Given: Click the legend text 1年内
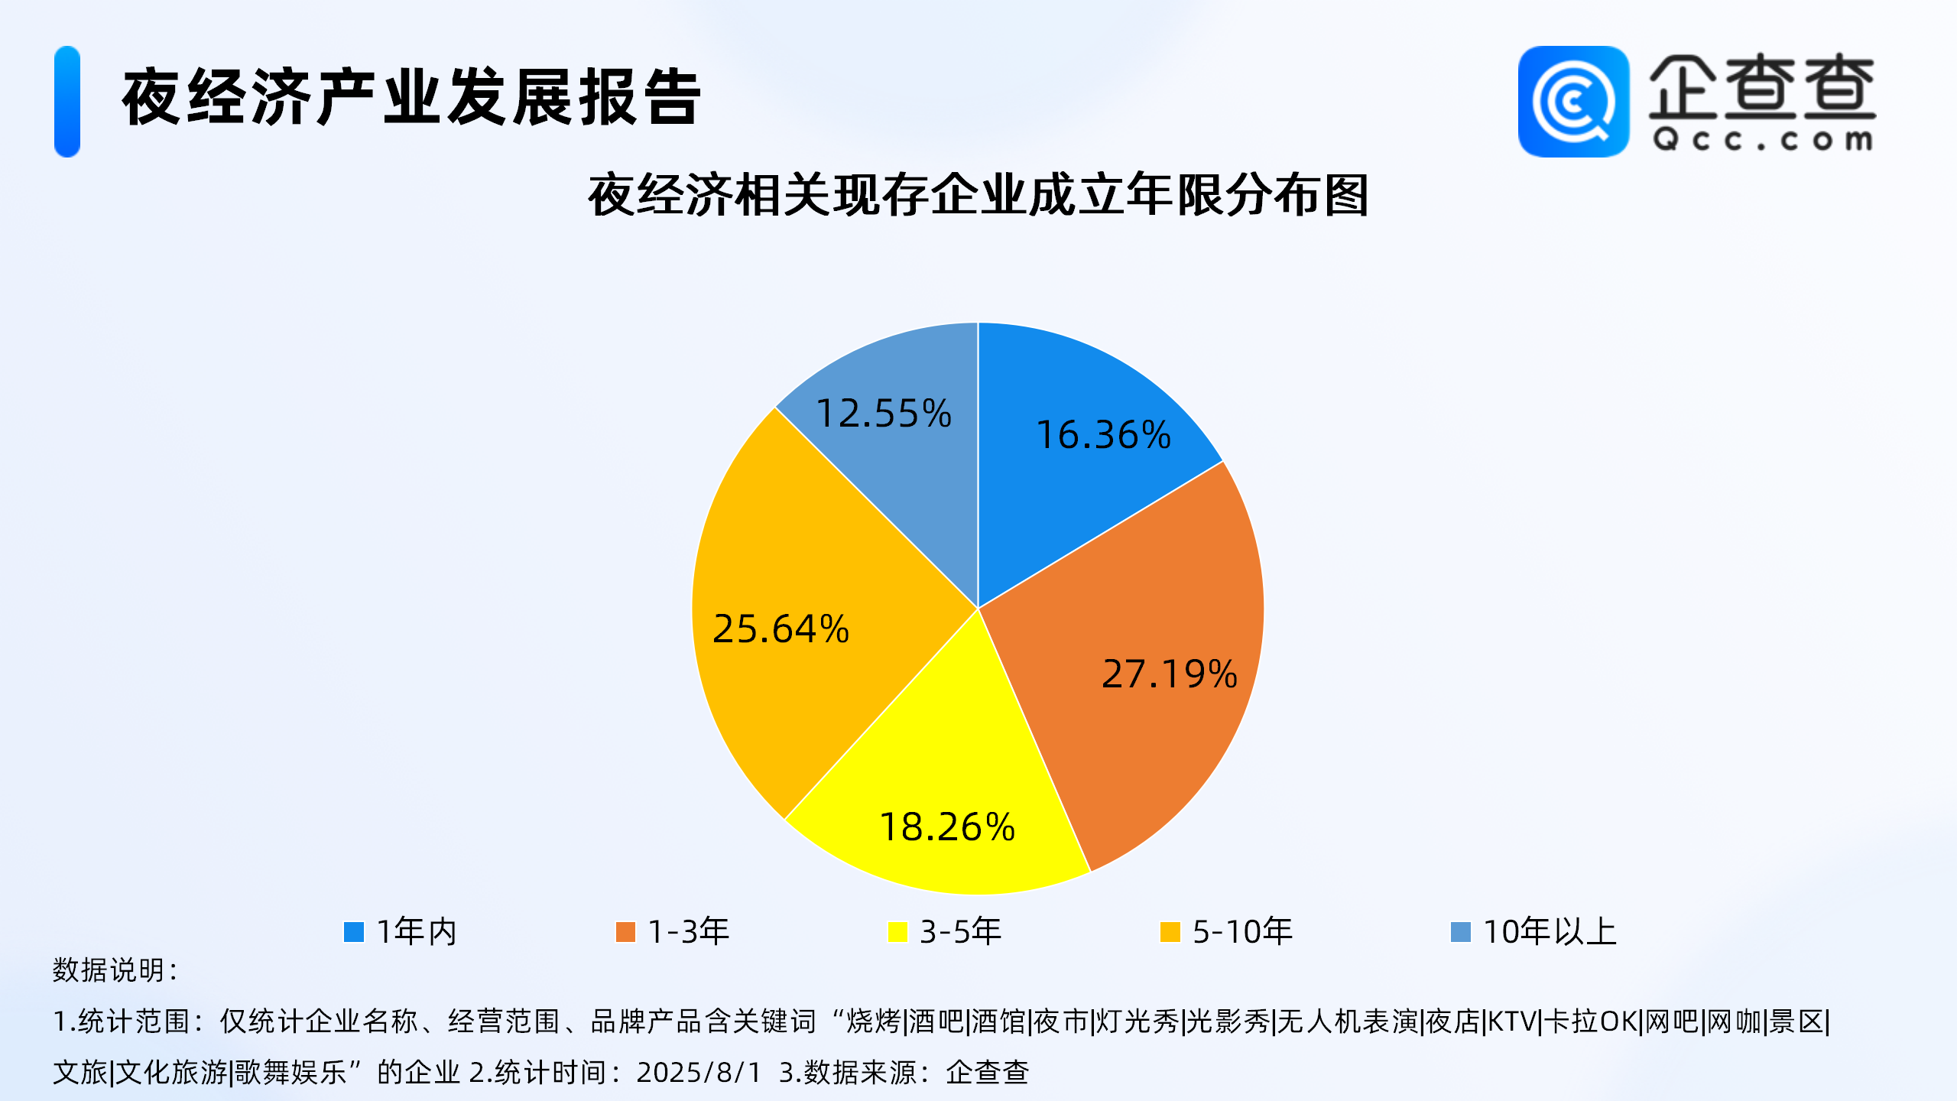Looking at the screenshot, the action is coord(417,931).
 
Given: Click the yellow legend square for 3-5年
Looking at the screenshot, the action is coord(897,932).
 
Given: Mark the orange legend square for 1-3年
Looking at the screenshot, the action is coord(625,932).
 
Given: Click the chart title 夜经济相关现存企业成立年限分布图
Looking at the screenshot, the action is coord(978,196).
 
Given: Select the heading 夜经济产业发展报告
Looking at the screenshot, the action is coord(411,98).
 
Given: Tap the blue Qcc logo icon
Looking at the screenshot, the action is coord(1574,102).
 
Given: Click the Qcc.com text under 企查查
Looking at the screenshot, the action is coord(1763,140).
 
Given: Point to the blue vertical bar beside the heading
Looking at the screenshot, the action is coord(67,102).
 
